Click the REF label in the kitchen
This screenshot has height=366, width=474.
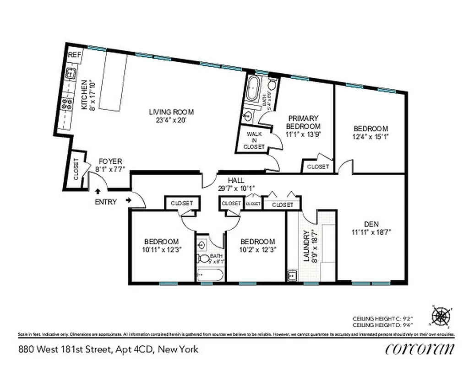pos(75,55)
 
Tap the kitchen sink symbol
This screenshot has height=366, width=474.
pos(71,72)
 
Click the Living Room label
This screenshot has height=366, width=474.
pos(171,112)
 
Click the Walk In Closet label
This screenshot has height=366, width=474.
pos(254,140)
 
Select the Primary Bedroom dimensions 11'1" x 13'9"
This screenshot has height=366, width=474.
pos(303,134)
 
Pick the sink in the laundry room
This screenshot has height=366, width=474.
pos(292,275)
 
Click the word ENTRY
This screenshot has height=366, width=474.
pos(106,202)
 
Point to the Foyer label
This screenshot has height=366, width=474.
pos(110,161)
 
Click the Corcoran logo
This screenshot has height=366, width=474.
pos(420,349)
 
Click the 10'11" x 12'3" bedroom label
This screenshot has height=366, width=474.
pos(161,246)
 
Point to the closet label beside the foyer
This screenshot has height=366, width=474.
pos(76,169)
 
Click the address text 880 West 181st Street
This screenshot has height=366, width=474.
pos(64,350)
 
